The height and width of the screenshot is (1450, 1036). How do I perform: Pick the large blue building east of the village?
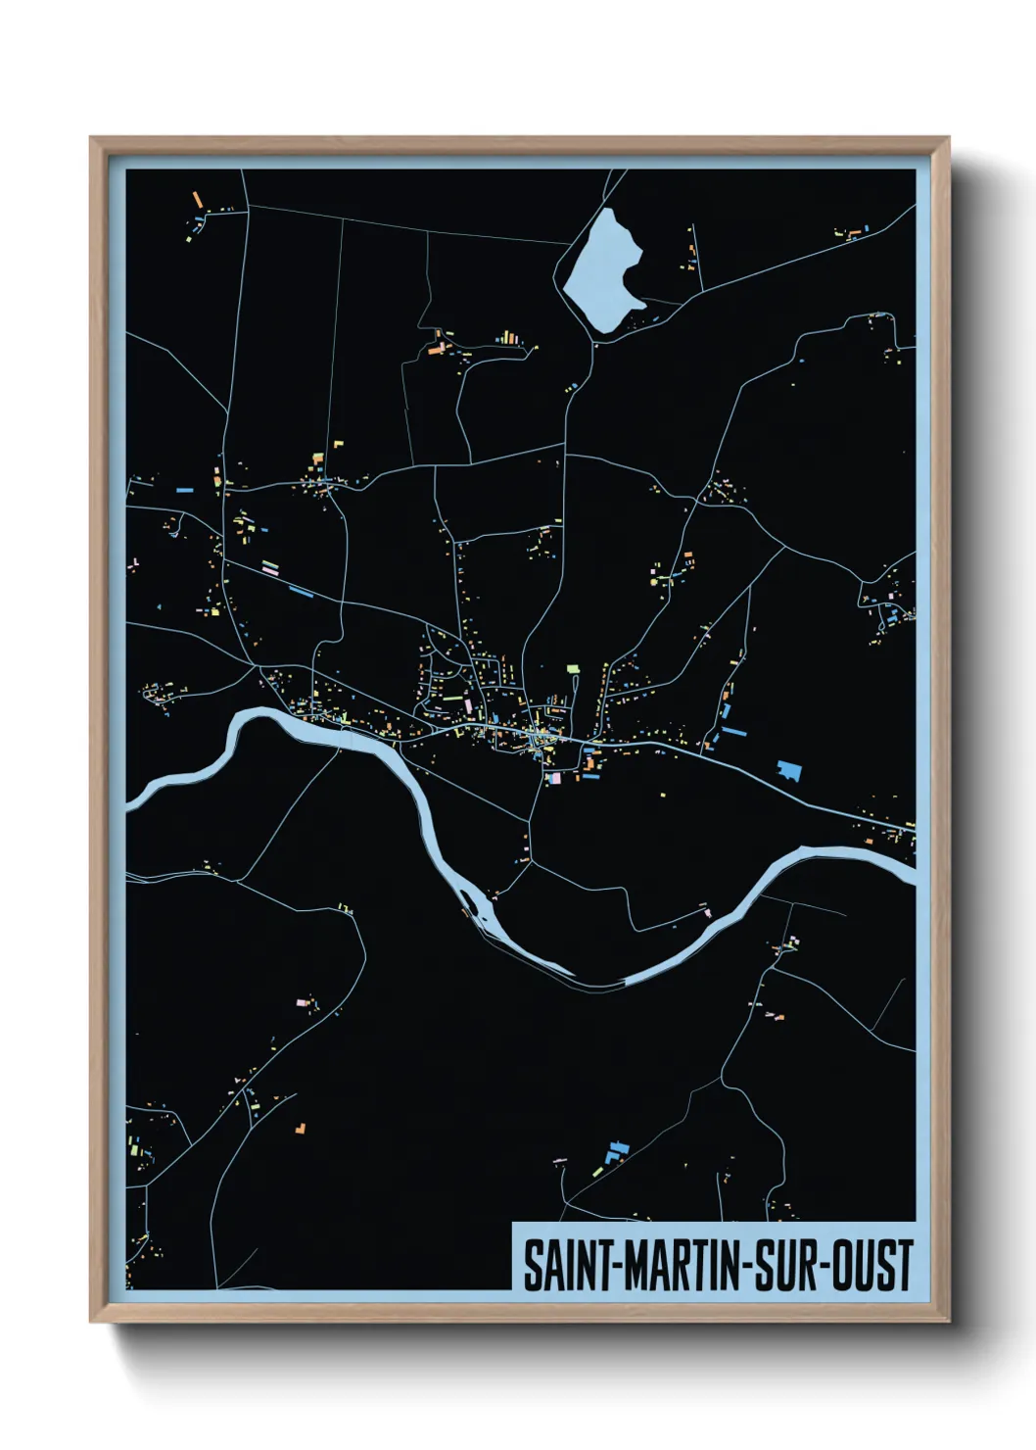click(789, 770)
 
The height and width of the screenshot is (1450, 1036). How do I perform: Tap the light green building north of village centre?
click(573, 669)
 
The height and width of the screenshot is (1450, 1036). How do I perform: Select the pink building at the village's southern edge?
click(554, 778)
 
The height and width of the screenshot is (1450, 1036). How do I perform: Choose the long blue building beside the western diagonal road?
click(301, 591)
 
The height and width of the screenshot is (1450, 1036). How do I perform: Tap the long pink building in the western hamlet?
click(270, 566)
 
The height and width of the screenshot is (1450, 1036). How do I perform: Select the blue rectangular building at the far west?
click(183, 488)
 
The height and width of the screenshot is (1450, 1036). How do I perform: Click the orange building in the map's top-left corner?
click(197, 199)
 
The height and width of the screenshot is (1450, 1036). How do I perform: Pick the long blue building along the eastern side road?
click(733, 731)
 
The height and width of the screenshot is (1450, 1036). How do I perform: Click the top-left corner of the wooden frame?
click(91, 138)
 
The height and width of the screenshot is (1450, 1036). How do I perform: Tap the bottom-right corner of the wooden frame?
click(948, 1322)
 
